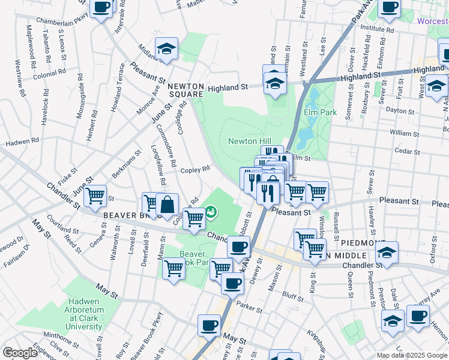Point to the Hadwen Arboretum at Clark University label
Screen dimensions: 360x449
click(85, 319)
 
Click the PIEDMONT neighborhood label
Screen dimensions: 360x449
click(363, 243)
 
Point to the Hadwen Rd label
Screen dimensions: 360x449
click(22, 142)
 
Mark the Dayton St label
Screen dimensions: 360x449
click(400, 110)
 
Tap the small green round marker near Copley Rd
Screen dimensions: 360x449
click(211, 212)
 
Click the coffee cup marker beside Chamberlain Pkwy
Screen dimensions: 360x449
click(101, 8)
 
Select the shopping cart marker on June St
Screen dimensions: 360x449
click(95, 196)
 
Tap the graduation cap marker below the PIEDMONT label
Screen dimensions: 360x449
click(387, 253)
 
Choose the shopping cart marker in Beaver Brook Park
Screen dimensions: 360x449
click(174, 268)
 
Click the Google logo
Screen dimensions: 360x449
click(20, 353)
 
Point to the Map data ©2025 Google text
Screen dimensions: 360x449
click(411, 355)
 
